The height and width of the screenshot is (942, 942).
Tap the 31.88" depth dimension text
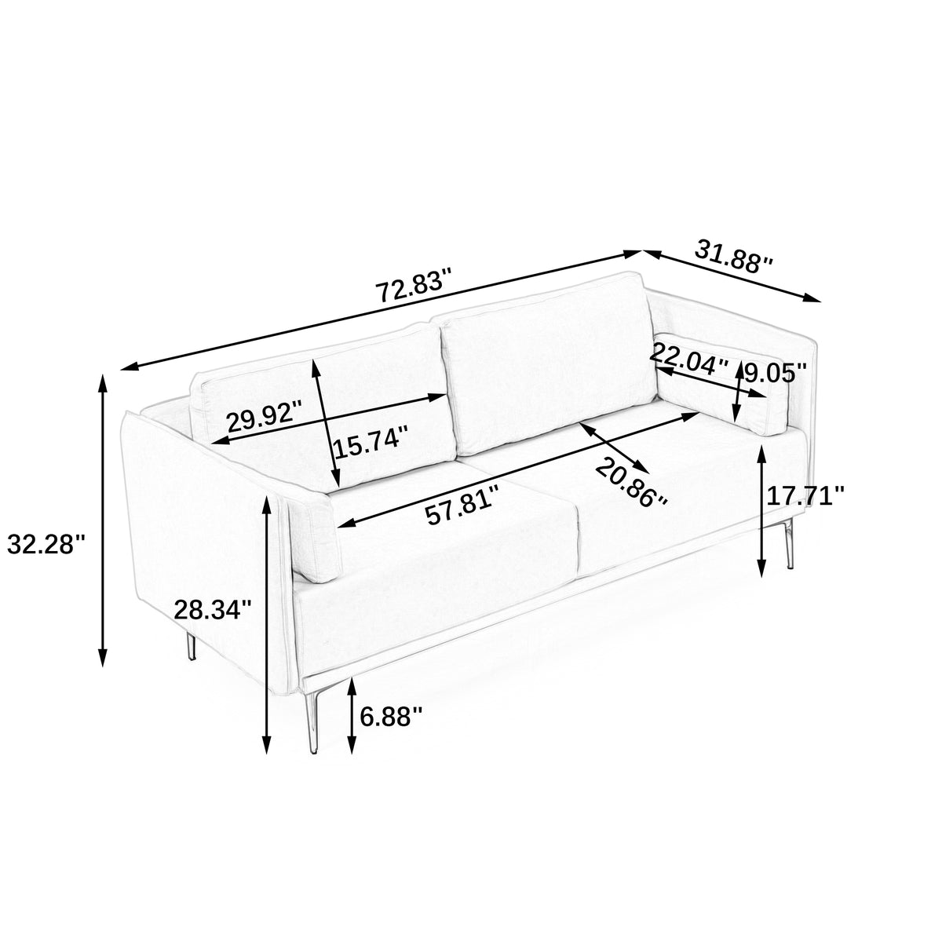pyautogui.click(x=733, y=257)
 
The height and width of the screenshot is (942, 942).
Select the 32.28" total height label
pyautogui.click(x=46, y=545)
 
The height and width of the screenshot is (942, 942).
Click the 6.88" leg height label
pyautogui.click(x=391, y=717)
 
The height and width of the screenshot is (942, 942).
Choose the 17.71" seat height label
pyautogui.click(x=805, y=495)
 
